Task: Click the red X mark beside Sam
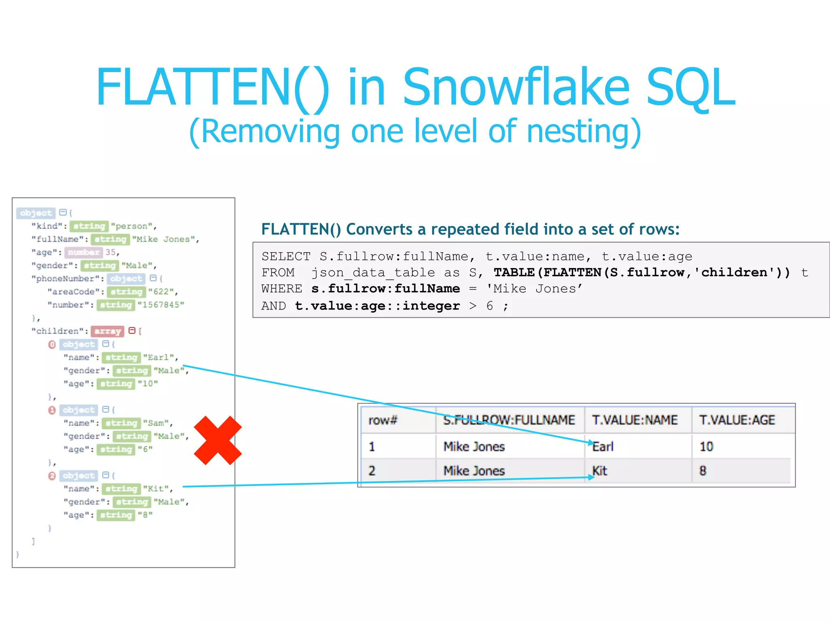[x=218, y=440]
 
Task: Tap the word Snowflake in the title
[x=516, y=88]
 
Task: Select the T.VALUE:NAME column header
[x=634, y=420]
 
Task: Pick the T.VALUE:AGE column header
[x=737, y=420]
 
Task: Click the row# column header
[x=383, y=420]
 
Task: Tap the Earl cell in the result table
[x=603, y=447]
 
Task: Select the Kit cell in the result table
[x=600, y=471]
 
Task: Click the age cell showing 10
[x=706, y=447]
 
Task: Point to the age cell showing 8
[x=703, y=471]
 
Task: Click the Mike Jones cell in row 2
[x=474, y=471]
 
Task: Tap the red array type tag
[x=107, y=331]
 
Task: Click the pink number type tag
[x=83, y=252]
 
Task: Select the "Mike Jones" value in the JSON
[x=164, y=239]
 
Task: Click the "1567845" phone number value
[x=161, y=305]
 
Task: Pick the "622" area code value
[x=161, y=292]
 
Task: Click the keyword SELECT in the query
[x=286, y=256]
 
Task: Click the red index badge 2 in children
[x=52, y=476]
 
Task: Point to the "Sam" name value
[x=156, y=423]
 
